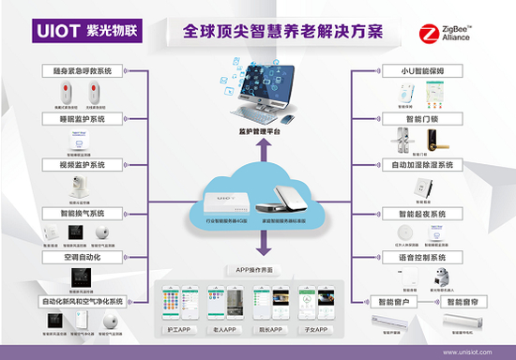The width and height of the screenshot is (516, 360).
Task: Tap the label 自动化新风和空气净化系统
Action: [x=83, y=302]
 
